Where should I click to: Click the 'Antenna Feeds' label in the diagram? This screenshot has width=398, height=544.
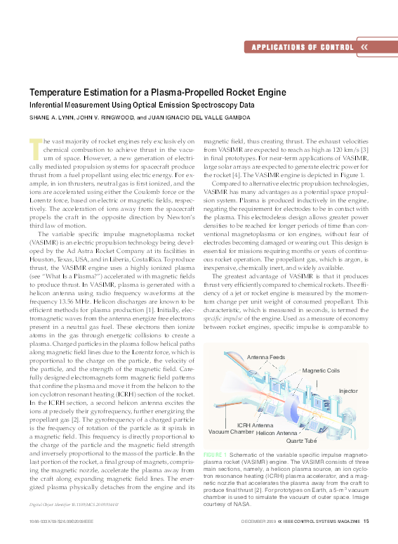click(x=266, y=358)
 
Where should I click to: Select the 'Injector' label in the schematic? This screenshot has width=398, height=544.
click(x=348, y=390)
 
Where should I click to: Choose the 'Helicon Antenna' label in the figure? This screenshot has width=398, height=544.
click(x=277, y=434)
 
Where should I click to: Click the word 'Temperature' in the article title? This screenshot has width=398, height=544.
click(x=58, y=92)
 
